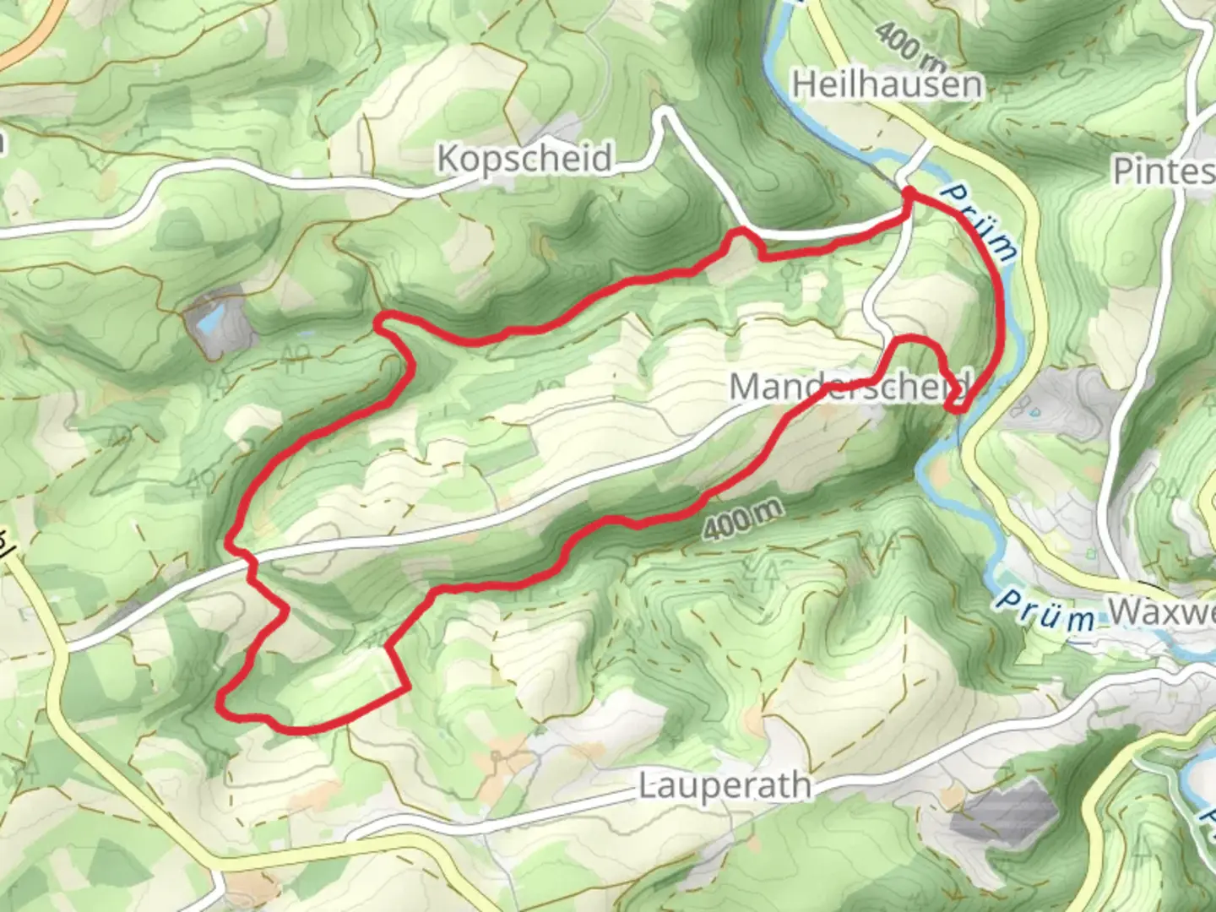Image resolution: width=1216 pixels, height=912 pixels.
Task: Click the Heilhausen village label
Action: (x=887, y=84)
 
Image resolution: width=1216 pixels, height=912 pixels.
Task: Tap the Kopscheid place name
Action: (x=524, y=158)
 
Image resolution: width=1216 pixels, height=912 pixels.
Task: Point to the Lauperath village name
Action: (x=725, y=785)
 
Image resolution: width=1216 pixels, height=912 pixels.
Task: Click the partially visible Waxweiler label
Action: (x=1161, y=612)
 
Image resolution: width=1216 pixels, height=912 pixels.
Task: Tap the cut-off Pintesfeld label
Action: (x=1164, y=171)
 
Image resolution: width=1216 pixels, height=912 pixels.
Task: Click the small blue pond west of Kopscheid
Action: (x=209, y=318)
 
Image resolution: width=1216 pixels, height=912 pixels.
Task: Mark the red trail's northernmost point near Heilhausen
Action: (x=909, y=194)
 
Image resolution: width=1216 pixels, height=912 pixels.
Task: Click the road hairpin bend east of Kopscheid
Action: (x=666, y=114)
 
